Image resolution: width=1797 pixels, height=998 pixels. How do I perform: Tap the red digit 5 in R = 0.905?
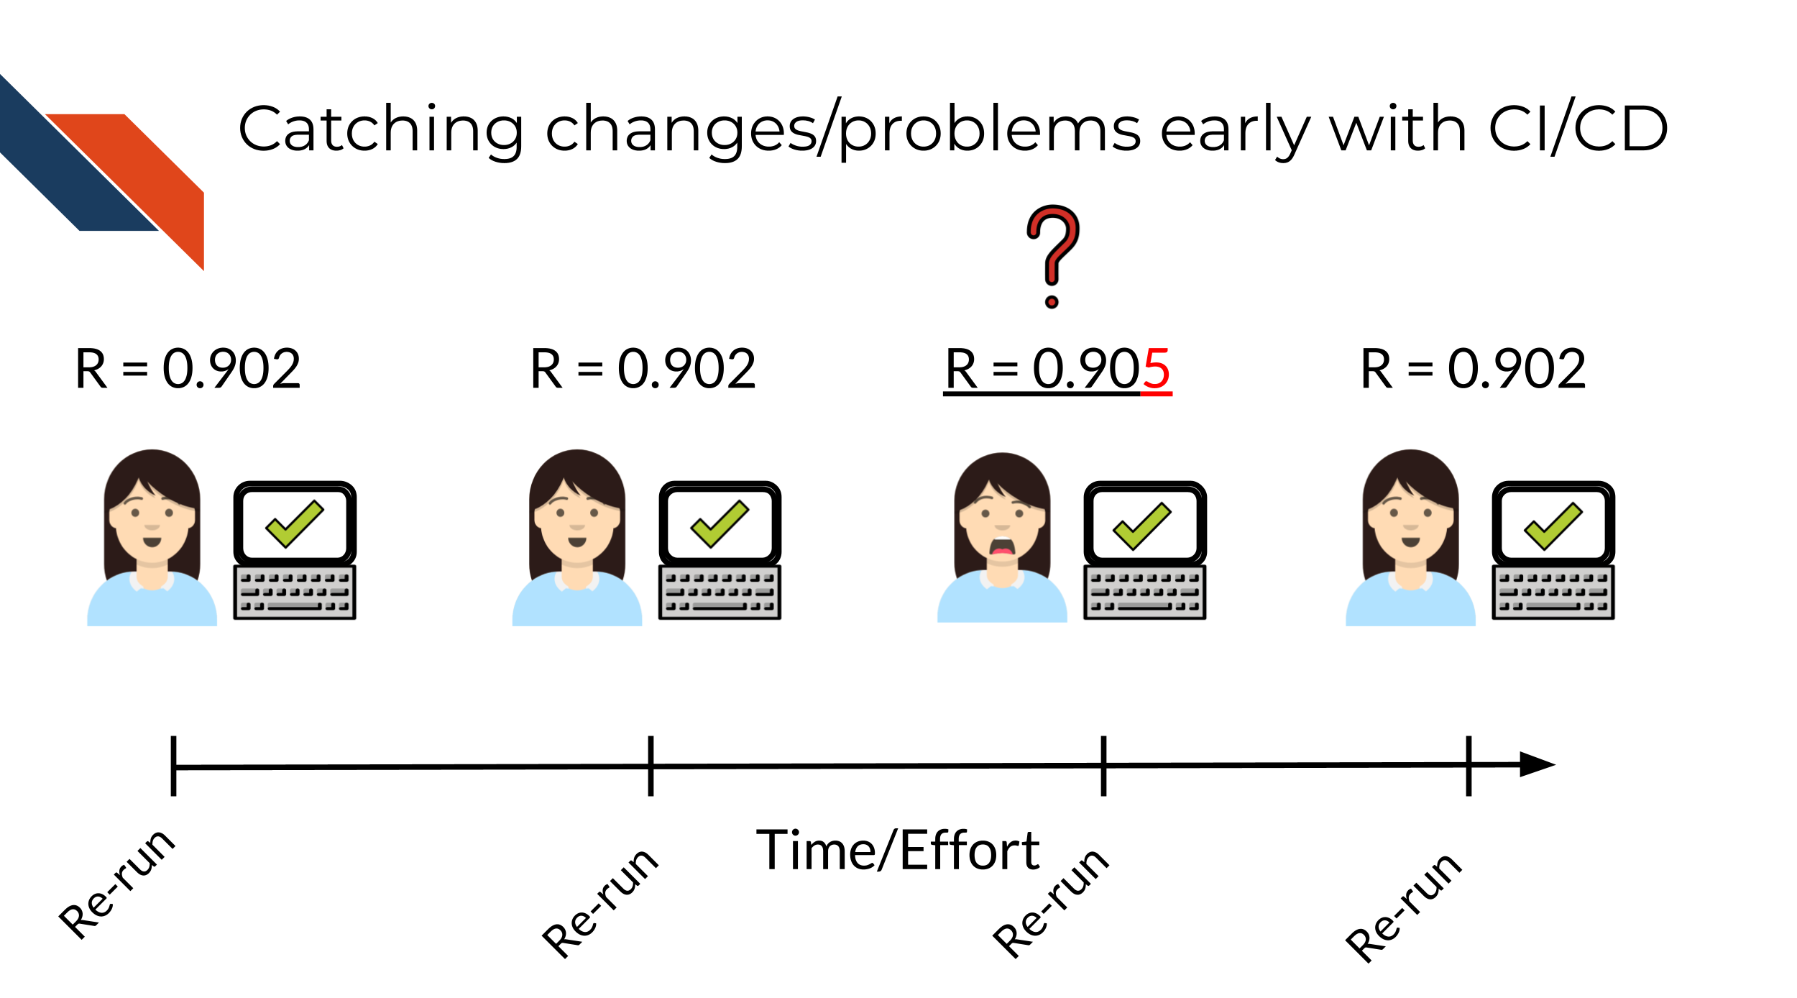(x=1156, y=370)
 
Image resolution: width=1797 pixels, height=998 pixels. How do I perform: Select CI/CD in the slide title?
(x=1578, y=129)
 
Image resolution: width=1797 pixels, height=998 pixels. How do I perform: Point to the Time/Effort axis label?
(x=898, y=851)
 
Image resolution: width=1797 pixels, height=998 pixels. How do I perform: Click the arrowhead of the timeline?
(x=1538, y=764)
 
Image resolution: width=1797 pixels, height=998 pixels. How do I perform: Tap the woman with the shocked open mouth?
(x=1002, y=537)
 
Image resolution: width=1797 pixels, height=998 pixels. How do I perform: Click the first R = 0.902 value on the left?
(x=188, y=369)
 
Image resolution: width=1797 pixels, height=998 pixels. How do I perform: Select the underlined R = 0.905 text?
(x=1057, y=370)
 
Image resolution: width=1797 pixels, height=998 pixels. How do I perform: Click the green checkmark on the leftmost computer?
(x=295, y=523)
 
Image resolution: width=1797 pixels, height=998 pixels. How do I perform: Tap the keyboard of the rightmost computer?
(x=1553, y=592)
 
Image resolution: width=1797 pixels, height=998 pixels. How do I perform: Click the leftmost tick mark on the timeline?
(x=173, y=766)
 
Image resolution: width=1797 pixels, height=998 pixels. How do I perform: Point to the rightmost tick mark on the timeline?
(x=1469, y=766)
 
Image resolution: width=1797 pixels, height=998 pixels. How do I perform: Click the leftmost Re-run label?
(x=117, y=884)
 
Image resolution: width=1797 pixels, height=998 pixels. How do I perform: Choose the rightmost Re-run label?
(x=1403, y=907)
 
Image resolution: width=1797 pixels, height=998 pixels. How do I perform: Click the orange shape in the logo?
(x=144, y=180)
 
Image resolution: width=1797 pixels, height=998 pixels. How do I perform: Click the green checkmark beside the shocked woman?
(x=1142, y=526)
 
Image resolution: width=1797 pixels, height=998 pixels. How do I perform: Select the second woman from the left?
(x=576, y=537)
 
